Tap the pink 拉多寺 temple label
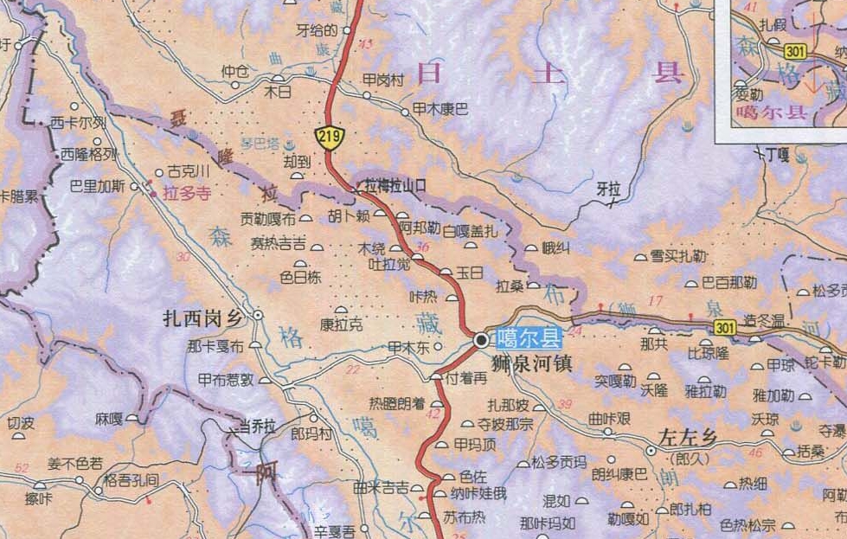(x=186, y=194)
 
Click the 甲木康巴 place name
(x=440, y=110)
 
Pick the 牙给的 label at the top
(x=316, y=30)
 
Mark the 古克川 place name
(x=189, y=171)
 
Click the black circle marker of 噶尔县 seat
(x=481, y=340)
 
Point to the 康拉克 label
(x=342, y=325)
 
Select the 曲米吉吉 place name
(x=382, y=488)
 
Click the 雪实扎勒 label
(x=679, y=256)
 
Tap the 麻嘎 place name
(x=109, y=419)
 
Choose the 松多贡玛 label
(x=560, y=461)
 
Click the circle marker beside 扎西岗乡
(x=257, y=316)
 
